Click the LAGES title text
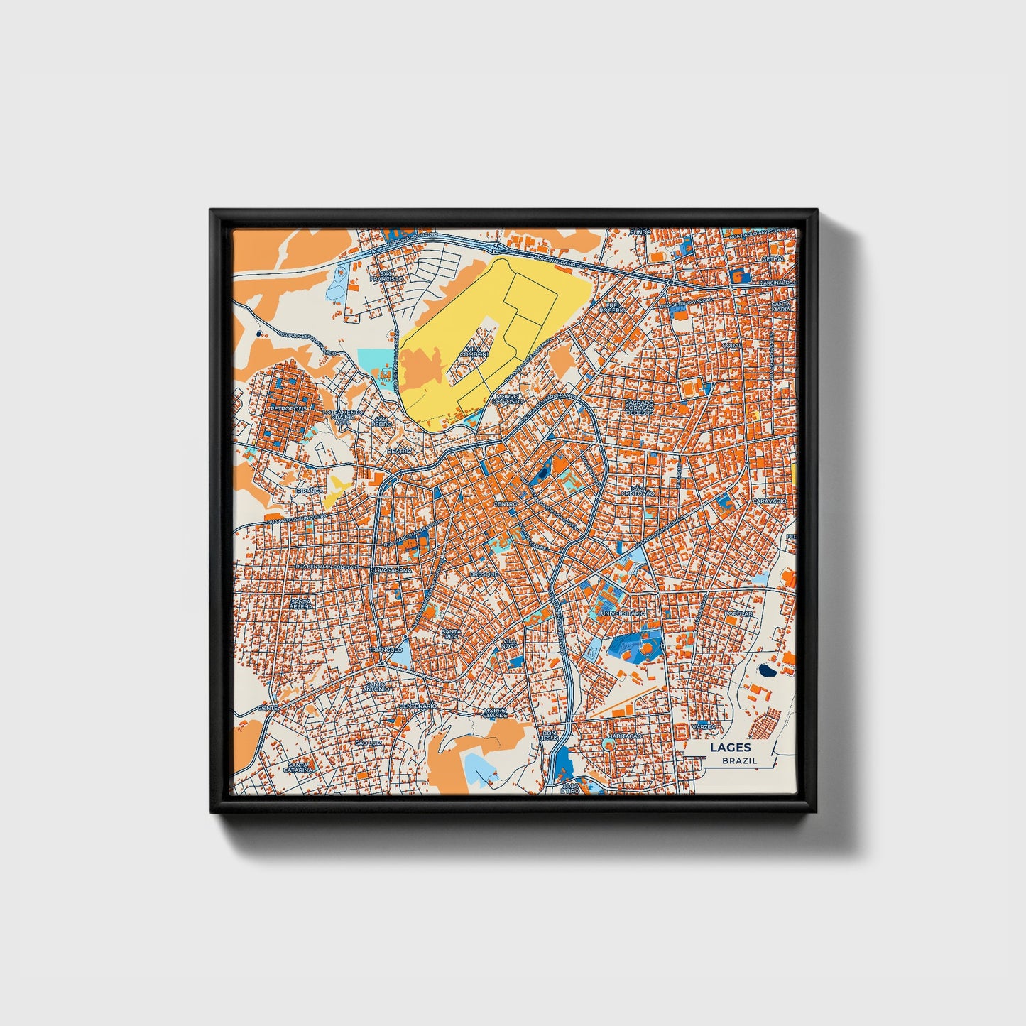tap(730, 747)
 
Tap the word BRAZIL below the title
tap(739, 760)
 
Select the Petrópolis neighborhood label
tap(287, 410)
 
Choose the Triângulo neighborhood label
tap(386, 649)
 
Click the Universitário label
tap(623, 613)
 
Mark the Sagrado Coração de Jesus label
tap(638, 408)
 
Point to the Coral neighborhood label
tap(731, 346)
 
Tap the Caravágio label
tap(770, 501)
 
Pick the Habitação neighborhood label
tap(625, 736)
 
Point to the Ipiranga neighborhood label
tap(309, 490)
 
